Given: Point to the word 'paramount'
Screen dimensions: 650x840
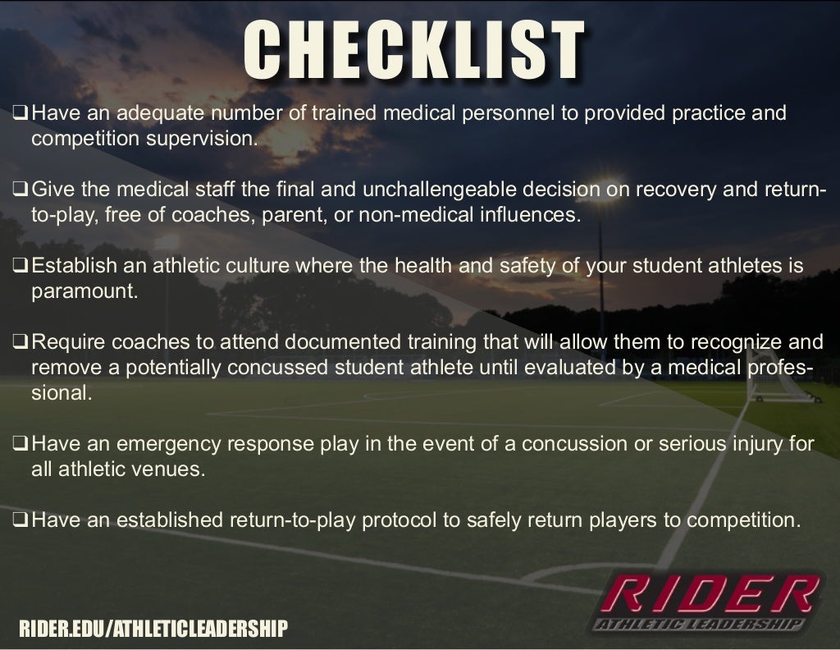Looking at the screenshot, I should [84, 292].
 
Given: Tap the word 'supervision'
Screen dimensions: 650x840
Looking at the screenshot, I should [201, 139].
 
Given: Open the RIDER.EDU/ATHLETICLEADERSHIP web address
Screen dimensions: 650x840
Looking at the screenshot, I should [153, 629].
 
